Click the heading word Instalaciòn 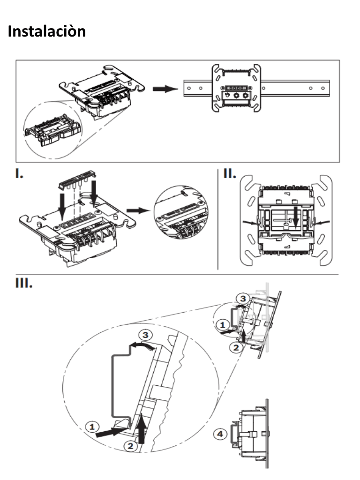click(47, 31)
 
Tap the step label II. click(229, 174)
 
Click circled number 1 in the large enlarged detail click(92, 426)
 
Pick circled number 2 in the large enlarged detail click(132, 446)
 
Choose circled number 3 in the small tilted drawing click(241, 298)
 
